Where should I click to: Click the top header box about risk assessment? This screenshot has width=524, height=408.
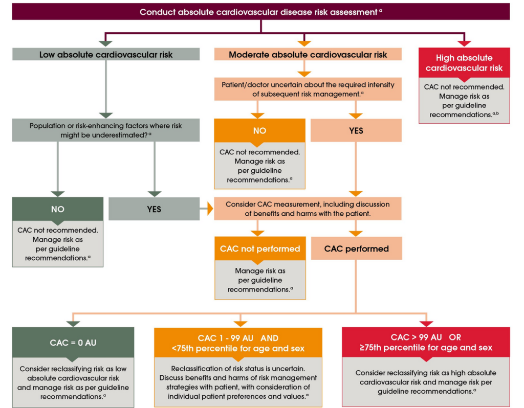pyautogui.click(x=261, y=11)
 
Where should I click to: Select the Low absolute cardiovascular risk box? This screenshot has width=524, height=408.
pyautogui.click(x=105, y=54)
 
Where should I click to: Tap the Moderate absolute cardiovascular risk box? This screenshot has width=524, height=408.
pyautogui.click(x=308, y=54)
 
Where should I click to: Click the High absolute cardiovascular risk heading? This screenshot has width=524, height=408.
pyautogui.click(x=464, y=63)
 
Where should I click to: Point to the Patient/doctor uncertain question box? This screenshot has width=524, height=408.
pyautogui.click(x=308, y=89)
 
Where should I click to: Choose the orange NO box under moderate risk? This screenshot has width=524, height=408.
pyautogui.click(x=260, y=131)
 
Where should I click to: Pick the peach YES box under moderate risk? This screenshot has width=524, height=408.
pyautogui.click(x=356, y=131)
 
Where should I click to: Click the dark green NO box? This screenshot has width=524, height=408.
pyautogui.click(x=58, y=209)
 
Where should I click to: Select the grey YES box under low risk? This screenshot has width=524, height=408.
pyautogui.click(x=154, y=209)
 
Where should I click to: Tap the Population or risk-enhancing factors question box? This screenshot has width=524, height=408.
pyautogui.click(x=105, y=130)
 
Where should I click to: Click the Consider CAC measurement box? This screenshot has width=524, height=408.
pyautogui.click(x=308, y=208)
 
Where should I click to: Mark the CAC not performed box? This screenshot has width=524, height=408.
pyautogui.click(x=260, y=249)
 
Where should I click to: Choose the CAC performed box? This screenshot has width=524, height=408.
pyautogui.click(x=356, y=249)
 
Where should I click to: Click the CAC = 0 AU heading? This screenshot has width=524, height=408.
pyautogui.click(x=73, y=343)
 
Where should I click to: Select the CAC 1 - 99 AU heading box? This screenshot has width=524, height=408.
pyautogui.click(x=238, y=343)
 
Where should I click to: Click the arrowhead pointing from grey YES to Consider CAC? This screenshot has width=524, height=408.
pyautogui.click(x=210, y=209)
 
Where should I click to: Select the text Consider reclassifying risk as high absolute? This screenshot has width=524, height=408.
pyautogui.click(x=426, y=373)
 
